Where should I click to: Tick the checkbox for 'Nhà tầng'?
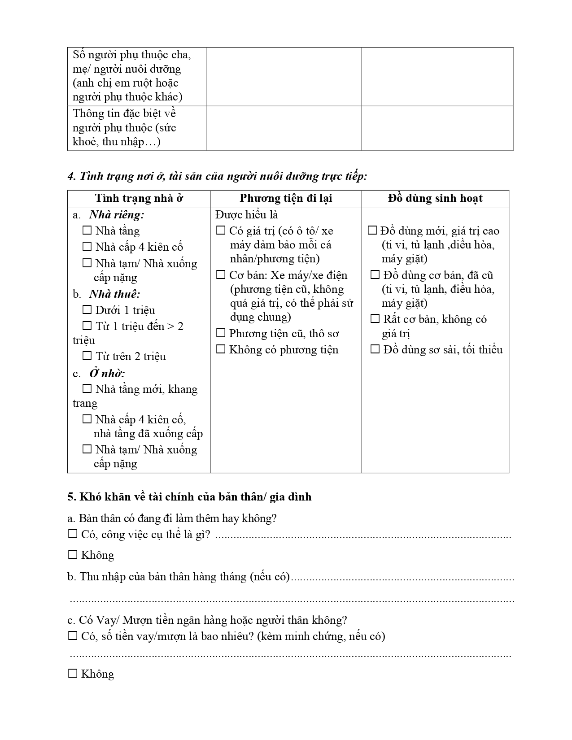(x=87, y=231)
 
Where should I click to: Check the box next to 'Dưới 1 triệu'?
(x=87, y=310)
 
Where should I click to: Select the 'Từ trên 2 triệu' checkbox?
(x=87, y=356)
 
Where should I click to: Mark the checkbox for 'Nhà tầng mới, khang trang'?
(x=87, y=389)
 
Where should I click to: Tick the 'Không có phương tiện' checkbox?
(x=221, y=349)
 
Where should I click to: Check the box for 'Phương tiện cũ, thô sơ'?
(x=221, y=333)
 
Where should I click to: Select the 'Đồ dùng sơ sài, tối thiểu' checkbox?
(x=375, y=349)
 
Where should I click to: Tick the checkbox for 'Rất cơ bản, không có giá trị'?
(x=375, y=319)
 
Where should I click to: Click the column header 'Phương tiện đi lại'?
(x=286, y=198)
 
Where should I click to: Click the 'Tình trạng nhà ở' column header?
(x=139, y=198)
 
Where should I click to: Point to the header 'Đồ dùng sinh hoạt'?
(x=435, y=198)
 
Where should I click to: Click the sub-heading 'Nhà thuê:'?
(x=114, y=294)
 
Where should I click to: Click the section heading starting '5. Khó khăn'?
(x=189, y=497)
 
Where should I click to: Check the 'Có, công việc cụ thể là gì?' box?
(x=72, y=534)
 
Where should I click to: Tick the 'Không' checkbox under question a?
(x=72, y=555)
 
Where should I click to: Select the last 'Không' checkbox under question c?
(x=72, y=674)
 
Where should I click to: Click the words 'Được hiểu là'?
(x=246, y=215)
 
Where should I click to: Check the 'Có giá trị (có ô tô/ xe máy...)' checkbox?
(x=221, y=231)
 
